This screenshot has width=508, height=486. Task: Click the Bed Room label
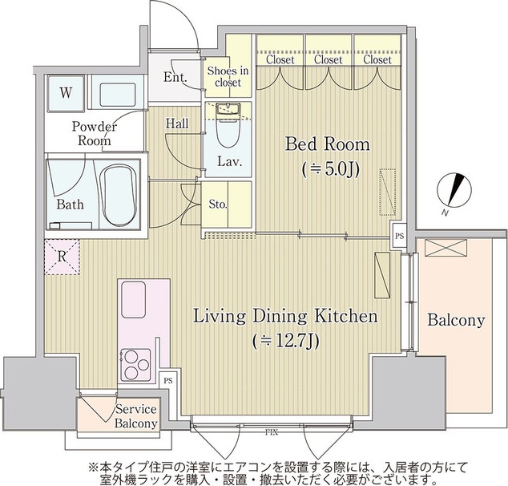pyautogui.click(x=328, y=144)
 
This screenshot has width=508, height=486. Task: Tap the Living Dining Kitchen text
pyautogui.click(x=285, y=317)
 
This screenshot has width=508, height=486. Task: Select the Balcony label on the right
pyautogui.click(x=455, y=321)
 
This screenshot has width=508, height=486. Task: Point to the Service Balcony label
pyautogui.click(x=135, y=416)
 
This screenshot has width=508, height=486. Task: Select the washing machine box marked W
pyautogui.click(x=66, y=92)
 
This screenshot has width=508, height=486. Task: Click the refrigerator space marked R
pyautogui.click(x=62, y=258)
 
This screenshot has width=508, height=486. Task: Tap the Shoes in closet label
pyautogui.click(x=228, y=76)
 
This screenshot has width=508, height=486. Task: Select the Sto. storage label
pyautogui.click(x=218, y=205)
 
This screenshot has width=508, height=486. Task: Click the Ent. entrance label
pyautogui.click(x=175, y=78)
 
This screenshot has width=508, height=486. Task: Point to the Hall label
pyautogui.click(x=177, y=124)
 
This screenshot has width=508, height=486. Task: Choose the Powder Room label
pyautogui.click(x=94, y=133)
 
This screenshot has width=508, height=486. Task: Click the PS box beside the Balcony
pyautogui.click(x=398, y=236)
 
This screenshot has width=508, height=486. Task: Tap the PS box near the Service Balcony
pyautogui.click(x=167, y=381)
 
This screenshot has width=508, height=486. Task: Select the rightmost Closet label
pyautogui.click(x=377, y=59)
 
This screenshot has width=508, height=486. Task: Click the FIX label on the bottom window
pyautogui.click(x=272, y=433)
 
